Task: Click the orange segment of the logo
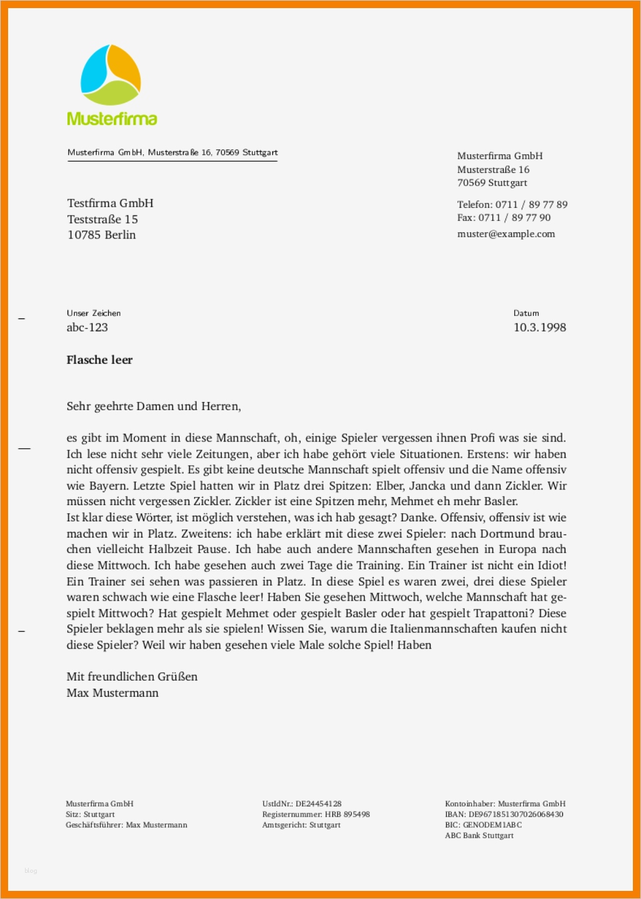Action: tap(126, 67)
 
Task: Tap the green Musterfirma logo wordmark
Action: tap(112, 119)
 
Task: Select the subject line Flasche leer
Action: tap(99, 360)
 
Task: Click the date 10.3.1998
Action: tap(540, 327)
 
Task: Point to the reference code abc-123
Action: tap(87, 327)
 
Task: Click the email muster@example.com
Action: tap(506, 233)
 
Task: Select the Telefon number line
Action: tap(512, 204)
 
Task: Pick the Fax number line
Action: tap(504, 217)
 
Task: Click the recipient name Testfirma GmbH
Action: tap(110, 203)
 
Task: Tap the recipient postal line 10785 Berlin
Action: tap(101, 235)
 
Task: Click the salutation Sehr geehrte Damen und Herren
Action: tap(154, 406)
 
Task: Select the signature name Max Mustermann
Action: tap(112, 692)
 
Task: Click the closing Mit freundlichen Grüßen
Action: tap(132, 676)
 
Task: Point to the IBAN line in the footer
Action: tap(504, 814)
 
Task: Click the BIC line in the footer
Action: tap(483, 825)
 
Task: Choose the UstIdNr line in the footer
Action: tap(302, 803)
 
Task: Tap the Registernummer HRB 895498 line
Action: tap(316, 814)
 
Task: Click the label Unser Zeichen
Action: tap(94, 313)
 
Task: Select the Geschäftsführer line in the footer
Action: tap(126, 825)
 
